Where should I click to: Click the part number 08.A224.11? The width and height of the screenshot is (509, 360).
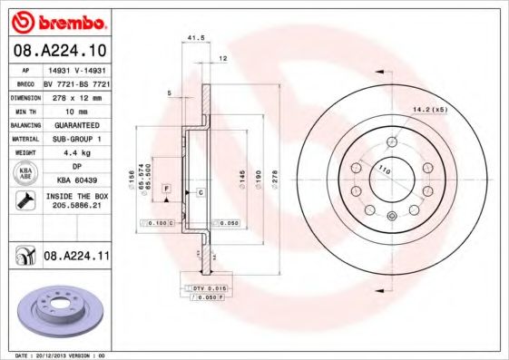(x=76, y=258)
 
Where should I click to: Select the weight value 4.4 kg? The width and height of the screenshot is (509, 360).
(x=76, y=153)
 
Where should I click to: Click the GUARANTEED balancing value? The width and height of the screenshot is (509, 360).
(x=76, y=124)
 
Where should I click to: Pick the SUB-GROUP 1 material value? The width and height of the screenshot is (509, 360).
(x=76, y=139)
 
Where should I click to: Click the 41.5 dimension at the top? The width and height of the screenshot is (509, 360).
(x=193, y=37)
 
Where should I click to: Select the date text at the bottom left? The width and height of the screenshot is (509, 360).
(x=56, y=355)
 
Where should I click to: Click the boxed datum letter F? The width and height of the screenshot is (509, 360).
(x=167, y=187)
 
